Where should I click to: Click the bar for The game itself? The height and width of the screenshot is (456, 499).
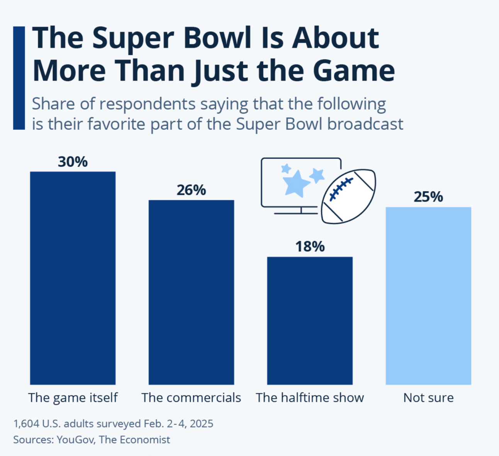click(x=73, y=278)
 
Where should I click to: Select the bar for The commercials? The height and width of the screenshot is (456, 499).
click(x=191, y=292)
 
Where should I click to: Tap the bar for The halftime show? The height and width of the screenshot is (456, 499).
click(x=310, y=320)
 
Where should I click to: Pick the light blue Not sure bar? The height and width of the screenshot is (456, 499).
click(x=428, y=296)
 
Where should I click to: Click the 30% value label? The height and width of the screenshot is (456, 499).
click(x=73, y=162)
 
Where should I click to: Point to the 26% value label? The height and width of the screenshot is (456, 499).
click(x=191, y=190)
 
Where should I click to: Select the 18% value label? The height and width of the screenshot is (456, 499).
click(x=310, y=247)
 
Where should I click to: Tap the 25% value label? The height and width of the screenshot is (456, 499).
click(x=428, y=197)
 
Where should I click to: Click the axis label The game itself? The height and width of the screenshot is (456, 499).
click(x=73, y=398)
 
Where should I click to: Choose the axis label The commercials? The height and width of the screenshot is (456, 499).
click(x=191, y=398)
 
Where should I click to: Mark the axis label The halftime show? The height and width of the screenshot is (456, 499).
click(x=310, y=398)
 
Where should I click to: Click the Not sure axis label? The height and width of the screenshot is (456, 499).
click(x=428, y=398)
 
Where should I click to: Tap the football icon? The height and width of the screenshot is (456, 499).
click(x=348, y=196)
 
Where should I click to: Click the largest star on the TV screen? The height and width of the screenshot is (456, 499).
click(x=296, y=183)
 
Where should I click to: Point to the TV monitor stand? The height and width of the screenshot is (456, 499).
click(x=301, y=211)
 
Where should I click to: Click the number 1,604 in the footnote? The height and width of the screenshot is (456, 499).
click(x=26, y=424)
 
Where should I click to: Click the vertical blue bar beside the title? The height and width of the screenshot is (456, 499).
click(x=19, y=78)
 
